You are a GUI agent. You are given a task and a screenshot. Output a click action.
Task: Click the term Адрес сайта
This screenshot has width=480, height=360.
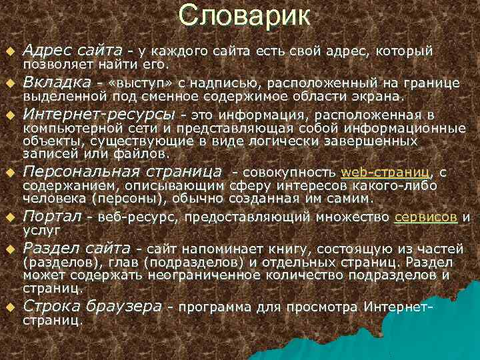point(73,50)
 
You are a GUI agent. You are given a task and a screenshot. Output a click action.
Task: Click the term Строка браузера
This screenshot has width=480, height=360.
point(92,306)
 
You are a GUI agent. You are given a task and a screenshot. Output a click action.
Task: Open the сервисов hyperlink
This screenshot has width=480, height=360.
point(425,217)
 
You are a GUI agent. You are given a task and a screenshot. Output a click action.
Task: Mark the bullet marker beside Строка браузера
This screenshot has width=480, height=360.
point(10,308)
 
